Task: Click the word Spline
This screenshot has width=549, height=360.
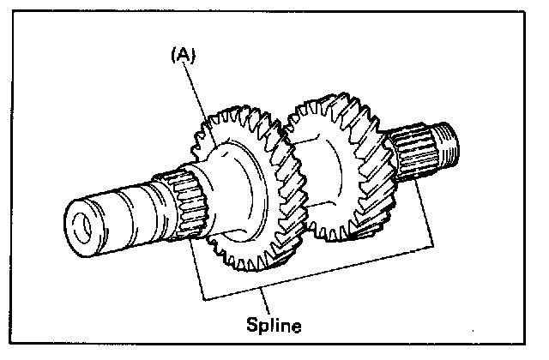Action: click(274, 326)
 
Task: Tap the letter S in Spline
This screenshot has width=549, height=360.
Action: click(252, 326)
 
